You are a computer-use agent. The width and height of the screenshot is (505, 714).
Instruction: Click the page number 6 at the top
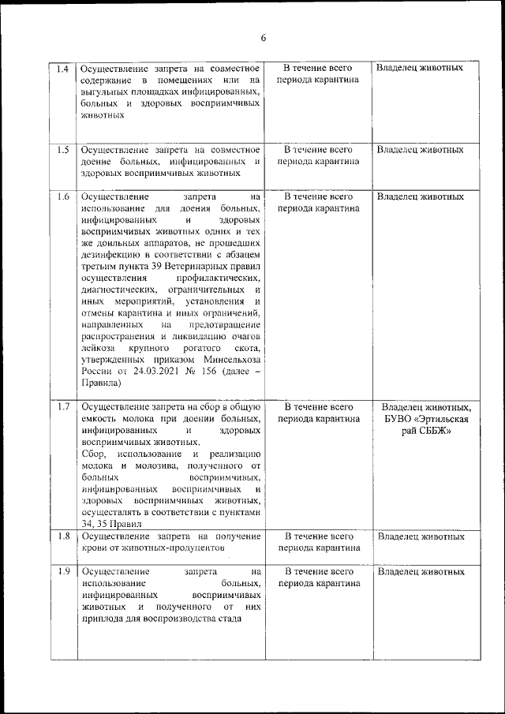pos(264,38)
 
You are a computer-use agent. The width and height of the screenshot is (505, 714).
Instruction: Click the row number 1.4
pos(63,68)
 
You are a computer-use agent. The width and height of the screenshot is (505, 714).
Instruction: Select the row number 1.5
pos(63,149)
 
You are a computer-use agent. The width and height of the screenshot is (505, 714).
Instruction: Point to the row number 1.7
pos(63,407)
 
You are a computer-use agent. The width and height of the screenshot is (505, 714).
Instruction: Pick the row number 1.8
pos(63,536)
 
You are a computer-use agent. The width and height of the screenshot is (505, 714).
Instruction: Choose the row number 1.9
pos(63,570)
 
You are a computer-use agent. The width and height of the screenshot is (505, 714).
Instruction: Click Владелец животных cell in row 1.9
pos(420,570)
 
